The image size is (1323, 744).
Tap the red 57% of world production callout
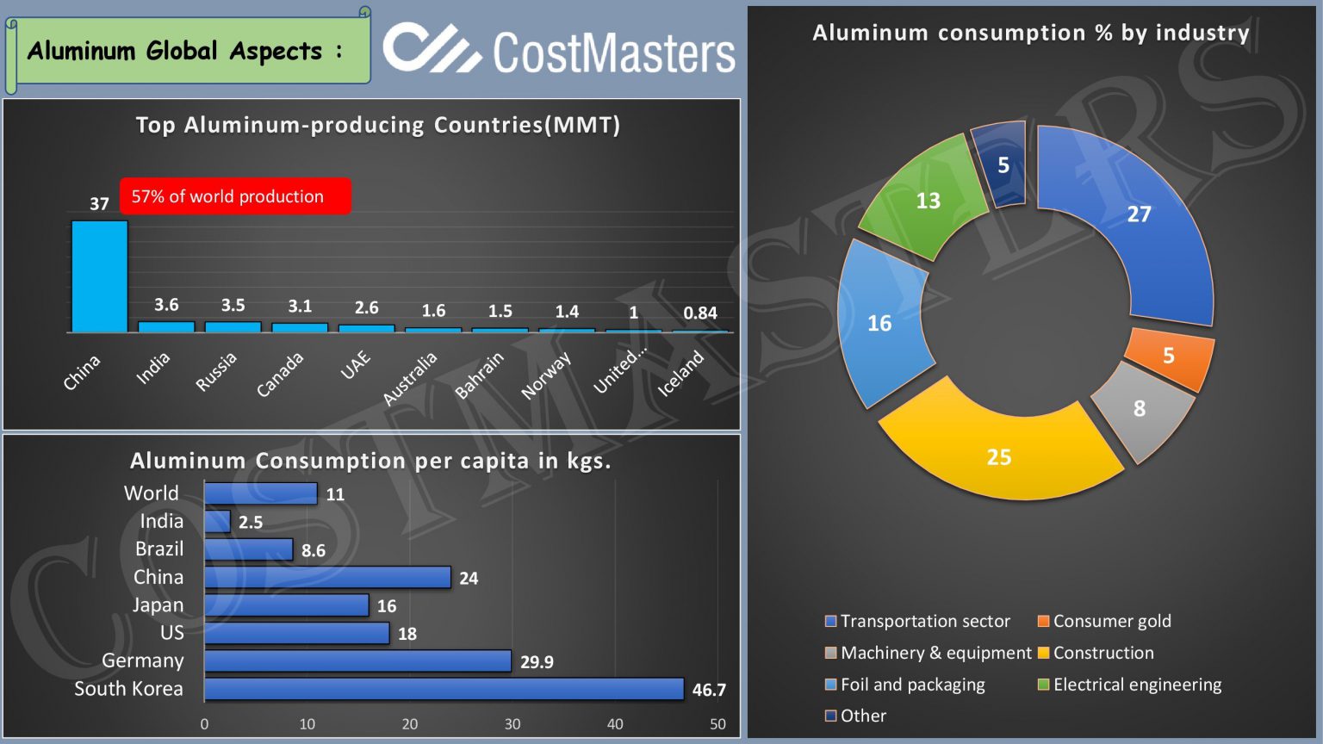(x=234, y=196)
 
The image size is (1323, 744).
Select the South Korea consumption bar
(x=444, y=689)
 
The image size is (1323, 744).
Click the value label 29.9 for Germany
(x=537, y=662)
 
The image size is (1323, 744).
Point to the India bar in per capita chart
(x=217, y=522)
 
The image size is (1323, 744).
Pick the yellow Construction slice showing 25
(x=999, y=448)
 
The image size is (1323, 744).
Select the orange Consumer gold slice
(x=1170, y=355)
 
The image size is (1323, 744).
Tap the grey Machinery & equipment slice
(x=1142, y=410)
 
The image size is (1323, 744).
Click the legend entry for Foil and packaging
(x=912, y=685)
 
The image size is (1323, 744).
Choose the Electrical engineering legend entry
(x=1136, y=685)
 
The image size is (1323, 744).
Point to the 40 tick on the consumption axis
(x=615, y=724)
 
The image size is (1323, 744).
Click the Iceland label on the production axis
(x=681, y=373)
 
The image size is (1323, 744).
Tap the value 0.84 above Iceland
(x=699, y=313)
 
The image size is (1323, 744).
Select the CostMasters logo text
(x=613, y=52)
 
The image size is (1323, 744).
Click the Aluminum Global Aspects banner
(x=185, y=52)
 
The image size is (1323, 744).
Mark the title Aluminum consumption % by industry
(x=1031, y=33)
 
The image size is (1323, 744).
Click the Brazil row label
(x=159, y=549)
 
